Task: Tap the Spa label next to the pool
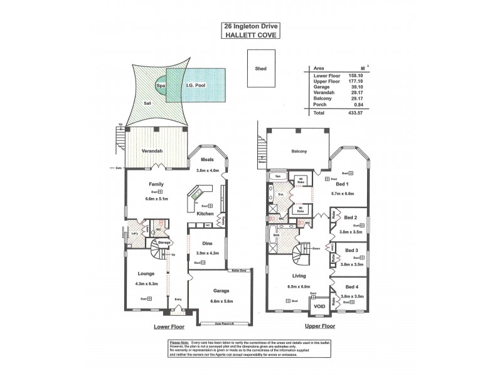(161, 86)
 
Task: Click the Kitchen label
(205, 214)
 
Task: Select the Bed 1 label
(342, 184)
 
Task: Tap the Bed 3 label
(351, 250)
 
